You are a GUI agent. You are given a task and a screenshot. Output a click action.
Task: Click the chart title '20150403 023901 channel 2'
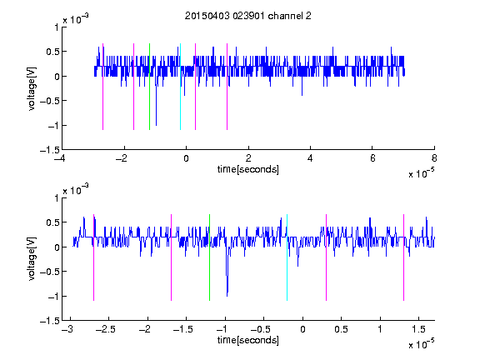pos(248,16)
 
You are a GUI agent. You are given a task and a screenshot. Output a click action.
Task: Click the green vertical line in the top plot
pos(149,87)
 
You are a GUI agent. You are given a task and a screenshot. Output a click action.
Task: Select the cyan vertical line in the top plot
pos(180,87)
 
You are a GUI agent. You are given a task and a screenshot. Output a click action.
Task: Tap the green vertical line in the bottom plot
pos(209,257)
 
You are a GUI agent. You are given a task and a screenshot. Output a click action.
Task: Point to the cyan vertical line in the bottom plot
pos(287,257)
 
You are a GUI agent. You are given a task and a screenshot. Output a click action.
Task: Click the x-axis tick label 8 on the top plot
pos(434,158)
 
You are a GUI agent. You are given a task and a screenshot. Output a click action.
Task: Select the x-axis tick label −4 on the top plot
pos(60,158)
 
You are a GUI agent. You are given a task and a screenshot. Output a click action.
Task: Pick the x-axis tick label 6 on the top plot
pos(372,158)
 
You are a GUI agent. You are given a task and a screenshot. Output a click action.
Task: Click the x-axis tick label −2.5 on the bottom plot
pos(106,329)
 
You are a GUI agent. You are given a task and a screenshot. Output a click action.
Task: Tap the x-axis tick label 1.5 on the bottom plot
pos(418,329)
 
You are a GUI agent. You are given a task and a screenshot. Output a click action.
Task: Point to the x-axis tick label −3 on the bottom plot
pos(67,329)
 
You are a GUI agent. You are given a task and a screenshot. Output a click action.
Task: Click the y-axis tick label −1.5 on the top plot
pos(50,150)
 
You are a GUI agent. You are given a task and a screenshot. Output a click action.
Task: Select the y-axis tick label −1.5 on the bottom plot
pos(50,321)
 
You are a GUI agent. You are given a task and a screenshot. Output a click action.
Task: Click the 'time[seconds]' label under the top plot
pos(248,169)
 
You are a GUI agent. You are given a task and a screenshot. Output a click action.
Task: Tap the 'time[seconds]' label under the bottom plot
pos(248,340)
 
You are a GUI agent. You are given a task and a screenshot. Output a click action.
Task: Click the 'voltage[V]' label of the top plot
pos(32,89)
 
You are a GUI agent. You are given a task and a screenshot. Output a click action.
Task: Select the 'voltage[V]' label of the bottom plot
pos(32,258)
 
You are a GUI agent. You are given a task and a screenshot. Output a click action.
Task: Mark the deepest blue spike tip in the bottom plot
pos(227,296)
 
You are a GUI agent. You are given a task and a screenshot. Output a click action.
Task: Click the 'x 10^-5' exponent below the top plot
pos(421,173)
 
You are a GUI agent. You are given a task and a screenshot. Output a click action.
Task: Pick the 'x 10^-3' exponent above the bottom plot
pos(76,189)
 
